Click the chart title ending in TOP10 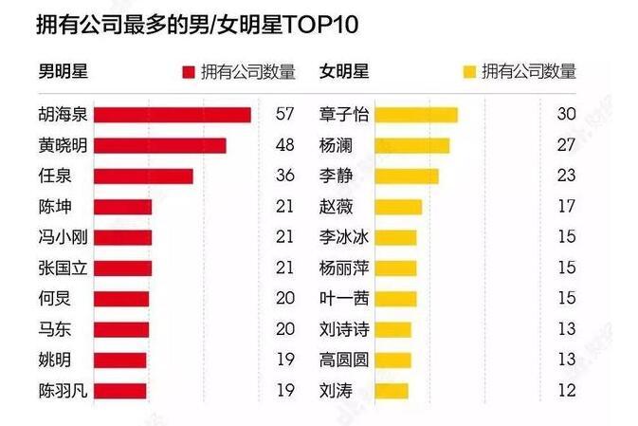click(x=197, y=25)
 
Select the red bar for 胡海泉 click(x=173, y=115)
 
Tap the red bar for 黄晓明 click(x=160, y=146)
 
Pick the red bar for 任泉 click(x=144, y=176)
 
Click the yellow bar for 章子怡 click(x=416, y=115)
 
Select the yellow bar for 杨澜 click(x=412, y=146)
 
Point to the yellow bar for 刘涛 click(x=392, y=391)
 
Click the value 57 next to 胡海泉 click(x=284, y=114)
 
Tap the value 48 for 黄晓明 click(x=284, y=144)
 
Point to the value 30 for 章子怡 click(x=566, y=114)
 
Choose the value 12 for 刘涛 click(x=567, y=390)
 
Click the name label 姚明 click(x=55, y=360)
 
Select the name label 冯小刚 click(x=64, y=237)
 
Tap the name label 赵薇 click(x=337, y=207)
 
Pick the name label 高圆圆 click(x=344, y=360)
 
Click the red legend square click(x=189, y=72)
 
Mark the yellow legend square click(x=469, y=72)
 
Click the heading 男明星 click(x=64, y=71)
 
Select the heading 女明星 click(x=344, y=71)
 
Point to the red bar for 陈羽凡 click(x=120, y=391)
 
